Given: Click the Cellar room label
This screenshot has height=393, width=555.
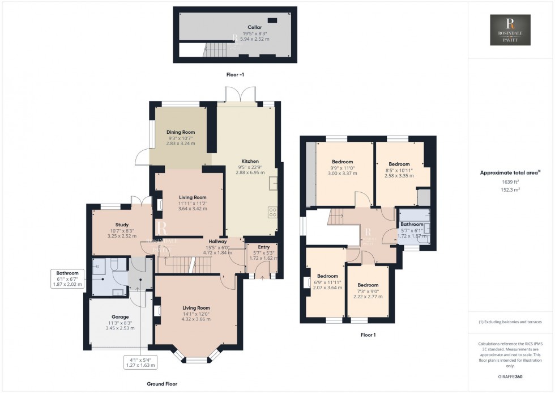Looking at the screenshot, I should click(254, 27).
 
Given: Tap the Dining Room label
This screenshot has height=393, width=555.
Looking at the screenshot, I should click(181, 132).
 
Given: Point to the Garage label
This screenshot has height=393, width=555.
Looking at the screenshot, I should click(120, 316).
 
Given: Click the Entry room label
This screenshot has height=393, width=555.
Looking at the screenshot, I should click(264, 247).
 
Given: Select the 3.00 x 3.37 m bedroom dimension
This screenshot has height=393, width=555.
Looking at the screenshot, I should click(342, 174).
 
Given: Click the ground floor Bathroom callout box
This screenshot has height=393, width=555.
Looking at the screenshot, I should click(68, 278).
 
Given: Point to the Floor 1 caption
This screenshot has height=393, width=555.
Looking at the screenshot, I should click(368, 335).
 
